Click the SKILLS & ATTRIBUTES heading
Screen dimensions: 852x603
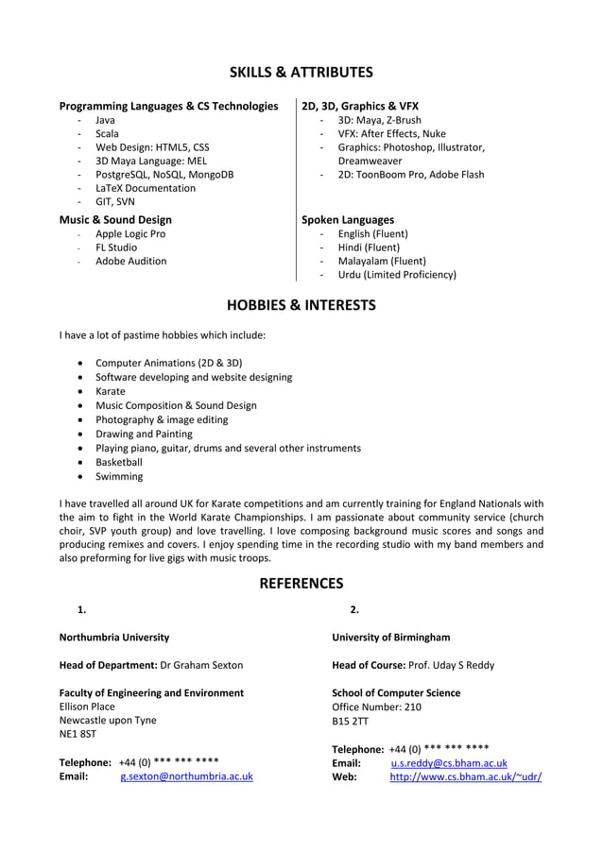click(x=301, y=73)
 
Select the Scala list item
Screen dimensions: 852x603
click(x=107, y=134)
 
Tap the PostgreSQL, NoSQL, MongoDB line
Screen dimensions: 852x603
click(x=164, y=175)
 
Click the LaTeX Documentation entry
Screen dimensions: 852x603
click(x=146, y=188)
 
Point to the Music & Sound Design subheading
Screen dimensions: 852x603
click(x=115, y=220)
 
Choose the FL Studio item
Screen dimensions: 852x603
click(x=116, y=247)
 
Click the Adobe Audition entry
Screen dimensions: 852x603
click(x=130, y=262)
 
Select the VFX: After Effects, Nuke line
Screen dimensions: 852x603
click(x=391, y=134)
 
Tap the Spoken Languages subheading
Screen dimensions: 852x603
click(x=348, y=220)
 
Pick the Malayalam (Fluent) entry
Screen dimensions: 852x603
click(x=382, y=262)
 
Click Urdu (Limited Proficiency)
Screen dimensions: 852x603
click(x=397, y=275)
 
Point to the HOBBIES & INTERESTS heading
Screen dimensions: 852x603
click(x=301, y=305)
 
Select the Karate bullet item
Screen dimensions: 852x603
click(x=111, y=391)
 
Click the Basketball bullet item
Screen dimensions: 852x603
click(x=119, y=463)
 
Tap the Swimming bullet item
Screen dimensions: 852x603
click(x=119, y=477)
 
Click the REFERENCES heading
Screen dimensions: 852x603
click(x=301, y=584)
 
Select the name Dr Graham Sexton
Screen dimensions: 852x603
click(x=201, y=665)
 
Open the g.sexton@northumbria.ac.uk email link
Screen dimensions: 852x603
click(x=186, y=777)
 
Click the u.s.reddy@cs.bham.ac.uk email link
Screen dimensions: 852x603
click(x=449, y=763)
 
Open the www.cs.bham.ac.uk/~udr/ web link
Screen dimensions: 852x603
click(x=466, y=777)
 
